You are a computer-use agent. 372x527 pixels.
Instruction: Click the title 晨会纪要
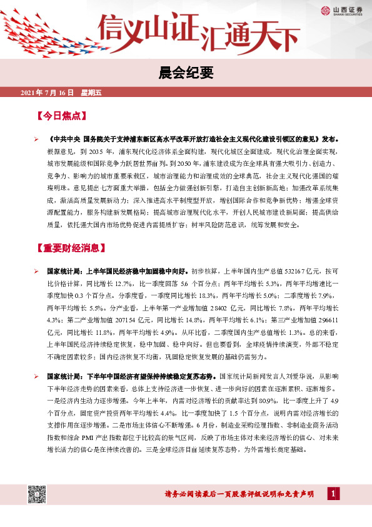186,73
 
